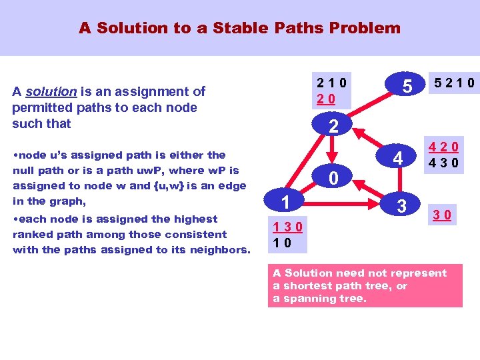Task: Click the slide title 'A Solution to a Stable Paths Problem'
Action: coord(239,28)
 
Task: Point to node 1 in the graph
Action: coord(283,201)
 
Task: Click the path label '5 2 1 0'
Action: coord(454,83)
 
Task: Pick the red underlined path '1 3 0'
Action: coord(287,227)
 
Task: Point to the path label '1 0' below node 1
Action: coord(282,243)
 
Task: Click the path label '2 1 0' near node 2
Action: coord(331,83)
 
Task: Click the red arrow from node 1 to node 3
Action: coord(341,200)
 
